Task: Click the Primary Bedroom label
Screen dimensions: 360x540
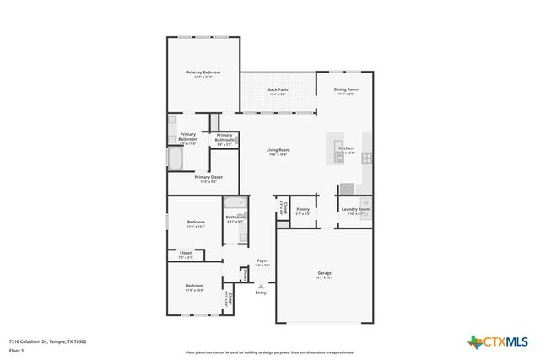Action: click(x=202, y=73)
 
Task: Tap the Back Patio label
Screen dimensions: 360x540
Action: click(x=278, y=89)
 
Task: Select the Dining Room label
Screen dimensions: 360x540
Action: click(x=346, y=89)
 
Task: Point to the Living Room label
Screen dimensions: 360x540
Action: click(x=278, y=150)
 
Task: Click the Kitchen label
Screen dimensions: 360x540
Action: click(x=346, y=148)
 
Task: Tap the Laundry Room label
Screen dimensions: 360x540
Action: click(x=354, y=208)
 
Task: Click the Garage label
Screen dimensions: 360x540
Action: click(x=324, y=273)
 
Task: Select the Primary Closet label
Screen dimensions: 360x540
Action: click(x=208, y=177)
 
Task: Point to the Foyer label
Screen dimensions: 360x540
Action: click(x=262, y=261)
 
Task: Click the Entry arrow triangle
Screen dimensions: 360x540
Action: click(x=261, y=286)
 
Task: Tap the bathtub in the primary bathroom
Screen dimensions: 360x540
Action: click(x=175, y=159)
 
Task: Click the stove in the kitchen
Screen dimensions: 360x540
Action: click(x=367, y=157)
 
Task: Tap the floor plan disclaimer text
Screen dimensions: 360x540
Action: click(x=270, y=352)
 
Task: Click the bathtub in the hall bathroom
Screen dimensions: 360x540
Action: click(x=235, y=203)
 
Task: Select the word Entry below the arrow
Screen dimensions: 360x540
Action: click(x=261, y=293)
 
